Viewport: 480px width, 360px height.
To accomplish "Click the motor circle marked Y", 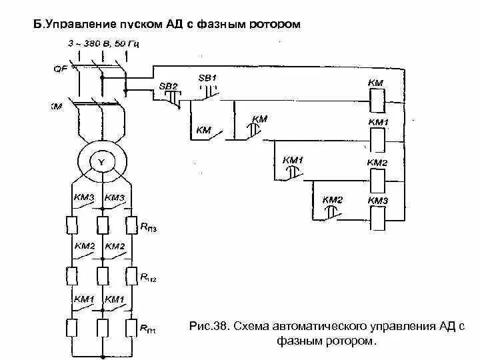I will tap(102, 162).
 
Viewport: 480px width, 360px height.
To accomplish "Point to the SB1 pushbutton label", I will tap(208, 78).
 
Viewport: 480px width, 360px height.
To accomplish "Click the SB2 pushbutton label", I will tap(168, 87).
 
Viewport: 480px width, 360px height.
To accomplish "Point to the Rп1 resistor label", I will tap(148, 328).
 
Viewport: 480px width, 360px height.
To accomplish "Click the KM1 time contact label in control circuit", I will tap(293, 160).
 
